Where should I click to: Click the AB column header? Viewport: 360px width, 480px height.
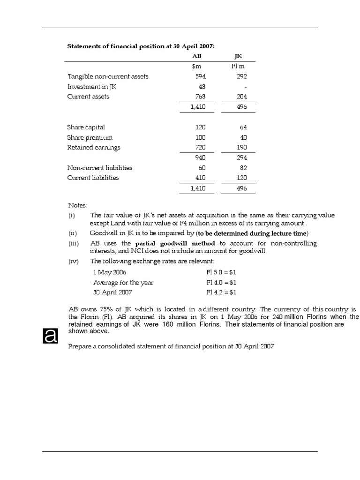(x=190, y=56)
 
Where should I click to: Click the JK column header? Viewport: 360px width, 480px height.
(x=238, y=56)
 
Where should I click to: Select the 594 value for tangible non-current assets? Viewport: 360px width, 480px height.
(x=200, y=76)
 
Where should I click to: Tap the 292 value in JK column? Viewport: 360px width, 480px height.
(x=241, y=76)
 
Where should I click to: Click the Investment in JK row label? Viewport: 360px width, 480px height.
(x=90, y=87)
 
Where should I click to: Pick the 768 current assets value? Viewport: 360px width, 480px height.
(x=200, y=97)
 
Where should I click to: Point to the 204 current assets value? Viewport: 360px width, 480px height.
(x=241, y=97)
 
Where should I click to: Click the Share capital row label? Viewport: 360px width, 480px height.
(x=86, y=127)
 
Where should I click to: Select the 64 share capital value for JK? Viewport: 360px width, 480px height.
(x=243, y=127)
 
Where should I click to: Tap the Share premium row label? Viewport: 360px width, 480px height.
(x=90, y=137)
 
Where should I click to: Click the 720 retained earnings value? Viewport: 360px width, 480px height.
(x=200, y=147)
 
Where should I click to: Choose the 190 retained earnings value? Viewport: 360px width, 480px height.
(x=241, y=147)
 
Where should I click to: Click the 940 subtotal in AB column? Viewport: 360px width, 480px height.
(x=200, y=157)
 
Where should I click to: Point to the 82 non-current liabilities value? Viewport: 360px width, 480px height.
(x=243, y=168)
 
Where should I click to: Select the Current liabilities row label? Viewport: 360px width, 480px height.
(x=93, y=178)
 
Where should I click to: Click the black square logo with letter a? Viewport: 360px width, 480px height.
(x=50, y=336)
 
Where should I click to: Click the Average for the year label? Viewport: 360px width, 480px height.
(x=123, y=282)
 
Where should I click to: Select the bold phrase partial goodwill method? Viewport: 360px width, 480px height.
(x=175, y=243)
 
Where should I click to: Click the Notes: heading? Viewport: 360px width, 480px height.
(x=77, y=205)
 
